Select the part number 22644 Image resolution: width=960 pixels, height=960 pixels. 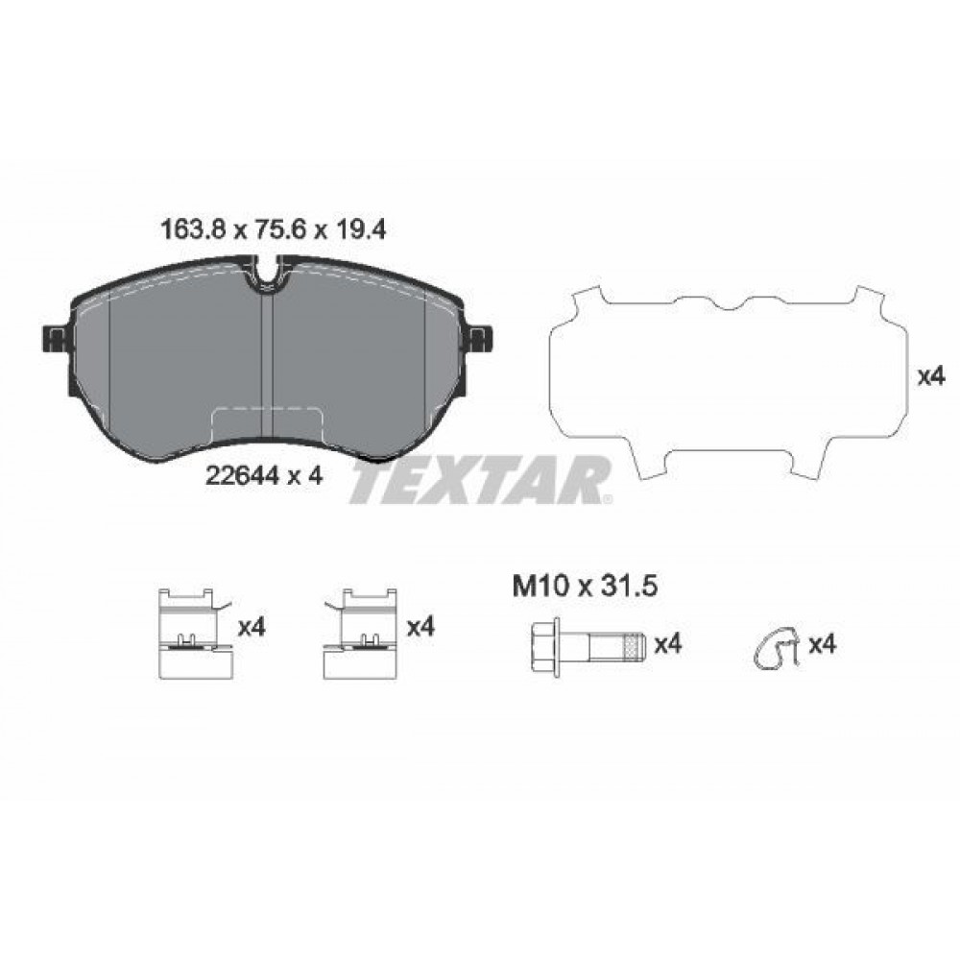pyautogui.click(x=243, y=475)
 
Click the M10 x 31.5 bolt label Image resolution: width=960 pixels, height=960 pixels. pyautogui.click(x=585, y=587)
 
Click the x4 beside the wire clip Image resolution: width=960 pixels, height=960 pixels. pyautogui.click(x=823, y=644)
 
